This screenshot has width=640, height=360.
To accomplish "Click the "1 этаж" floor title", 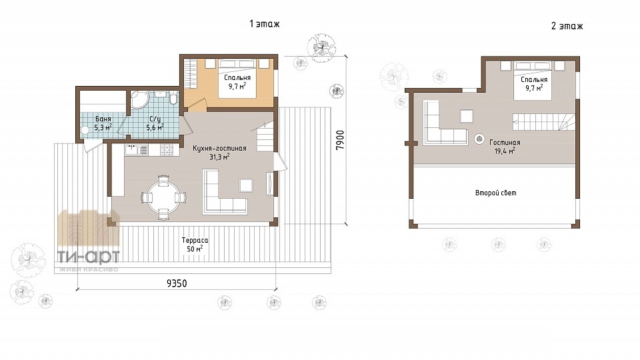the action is tap(265, 24).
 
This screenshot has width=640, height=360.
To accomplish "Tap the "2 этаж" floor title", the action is tap(567, 26).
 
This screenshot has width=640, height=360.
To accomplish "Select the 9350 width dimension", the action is tap(177, 283).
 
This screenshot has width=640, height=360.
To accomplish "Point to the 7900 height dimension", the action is tap(340, 139).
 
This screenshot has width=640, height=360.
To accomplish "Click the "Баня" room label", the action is tap(103, 119).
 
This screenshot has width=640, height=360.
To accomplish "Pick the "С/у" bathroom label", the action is tap(155, 119).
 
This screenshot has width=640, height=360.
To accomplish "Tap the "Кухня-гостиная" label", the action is tap(219, 148).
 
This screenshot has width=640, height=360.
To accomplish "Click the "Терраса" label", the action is tap(195, 241).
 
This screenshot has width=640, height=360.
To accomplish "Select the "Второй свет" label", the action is tap(495, 193).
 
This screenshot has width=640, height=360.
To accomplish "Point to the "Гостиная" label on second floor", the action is tap(505, 143).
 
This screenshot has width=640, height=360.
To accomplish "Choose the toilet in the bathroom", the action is tap(173, 99).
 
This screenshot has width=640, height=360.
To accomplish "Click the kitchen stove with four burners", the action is tap(167, 150).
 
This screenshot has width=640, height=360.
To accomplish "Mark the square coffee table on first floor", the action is tap(246, 185).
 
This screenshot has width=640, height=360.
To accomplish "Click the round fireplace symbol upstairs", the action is tap(479, 139).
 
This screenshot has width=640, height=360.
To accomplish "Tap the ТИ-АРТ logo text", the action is tap(88, 257).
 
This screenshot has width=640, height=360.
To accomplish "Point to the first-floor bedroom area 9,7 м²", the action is tap(237, 86).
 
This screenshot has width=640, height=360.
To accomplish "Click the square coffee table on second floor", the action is tap(467, 116).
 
